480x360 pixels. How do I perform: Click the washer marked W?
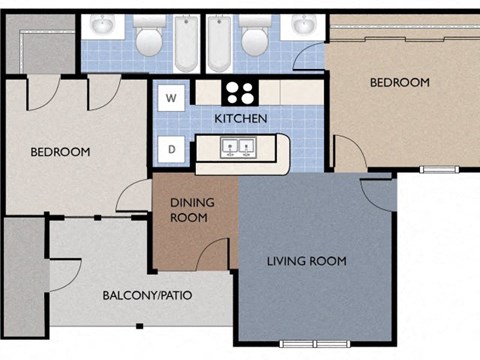(171, 98)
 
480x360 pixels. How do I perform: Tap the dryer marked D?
(171, 150)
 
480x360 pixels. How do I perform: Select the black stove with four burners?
(239, 92)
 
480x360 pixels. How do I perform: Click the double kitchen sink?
(238, 149)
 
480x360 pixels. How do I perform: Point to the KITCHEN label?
(240, 119)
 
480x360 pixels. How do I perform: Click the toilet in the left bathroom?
(148, 37)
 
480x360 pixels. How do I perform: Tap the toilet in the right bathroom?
(254, 37)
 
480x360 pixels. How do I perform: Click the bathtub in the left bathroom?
(187, 42)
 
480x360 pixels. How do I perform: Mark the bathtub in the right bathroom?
(218, 42)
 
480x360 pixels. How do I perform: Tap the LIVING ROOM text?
(306, 261)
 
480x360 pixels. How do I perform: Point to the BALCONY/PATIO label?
(147, 296)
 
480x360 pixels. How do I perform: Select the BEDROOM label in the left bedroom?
(60, 152)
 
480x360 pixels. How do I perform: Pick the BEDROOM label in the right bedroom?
(399, 82)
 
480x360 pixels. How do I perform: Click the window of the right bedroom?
(437, 169)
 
